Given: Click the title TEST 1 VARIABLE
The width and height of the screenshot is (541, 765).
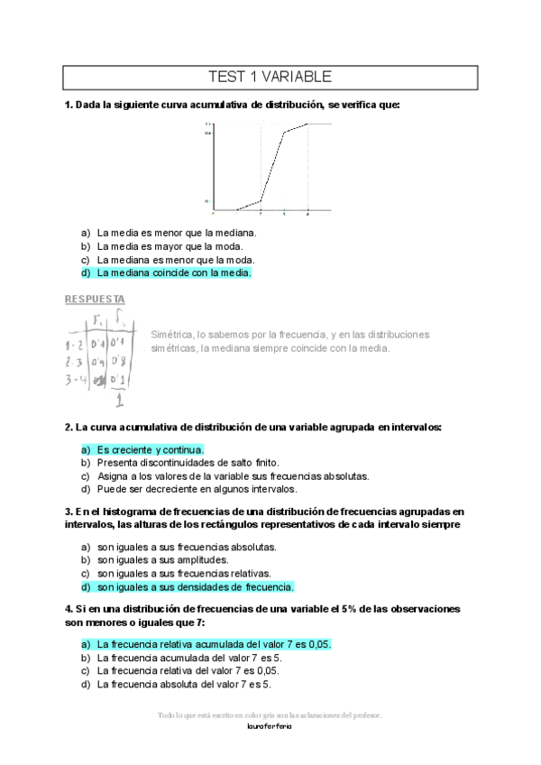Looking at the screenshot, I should tap(270, 77).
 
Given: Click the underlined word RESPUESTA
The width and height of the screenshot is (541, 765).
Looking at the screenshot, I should tap(95, 299).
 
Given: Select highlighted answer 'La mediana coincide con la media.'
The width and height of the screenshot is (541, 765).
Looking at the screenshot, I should tap(173, 272).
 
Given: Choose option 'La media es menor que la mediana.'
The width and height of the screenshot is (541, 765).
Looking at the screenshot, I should tap(177, 232).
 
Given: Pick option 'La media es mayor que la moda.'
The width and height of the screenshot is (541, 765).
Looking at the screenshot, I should tap(170, 245).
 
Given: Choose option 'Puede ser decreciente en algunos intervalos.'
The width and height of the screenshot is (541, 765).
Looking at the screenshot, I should tap(197, 489).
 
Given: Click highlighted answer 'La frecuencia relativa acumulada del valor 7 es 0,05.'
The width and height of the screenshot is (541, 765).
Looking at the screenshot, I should tap(214, 644).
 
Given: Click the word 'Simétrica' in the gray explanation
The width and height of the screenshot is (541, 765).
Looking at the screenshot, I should tap(173, 335).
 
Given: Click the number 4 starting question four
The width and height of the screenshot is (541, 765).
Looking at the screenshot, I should tap(68, 609).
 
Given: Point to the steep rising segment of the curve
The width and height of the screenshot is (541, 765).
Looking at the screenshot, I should tap(272, 168).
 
